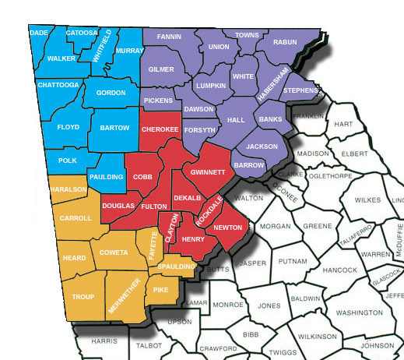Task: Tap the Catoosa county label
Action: pos(81,33)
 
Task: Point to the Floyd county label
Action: pos(69,125)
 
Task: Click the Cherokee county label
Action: pos(160,129)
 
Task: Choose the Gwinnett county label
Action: pos(208,171)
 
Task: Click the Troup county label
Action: pos(83,297)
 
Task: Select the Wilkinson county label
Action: pos(318,336)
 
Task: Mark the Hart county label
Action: pos(343,125)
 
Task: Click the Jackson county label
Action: pos(261,146)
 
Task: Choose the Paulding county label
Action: pos(106,177)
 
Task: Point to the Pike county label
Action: pos(161,290)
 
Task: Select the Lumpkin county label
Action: pos(211,85)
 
